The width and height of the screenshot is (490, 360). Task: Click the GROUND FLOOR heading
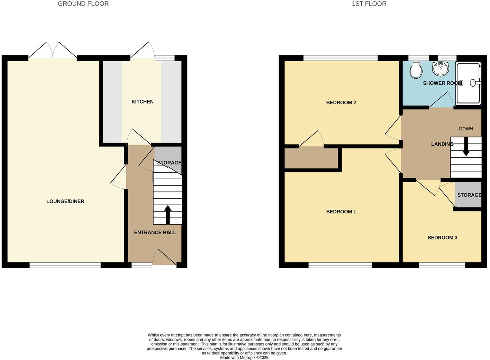coord(83,4)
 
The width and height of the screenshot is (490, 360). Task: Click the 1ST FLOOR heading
coord(369,4)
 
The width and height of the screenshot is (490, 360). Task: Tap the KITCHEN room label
coord(142,102)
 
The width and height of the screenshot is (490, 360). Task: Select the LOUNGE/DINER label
coord(65,201)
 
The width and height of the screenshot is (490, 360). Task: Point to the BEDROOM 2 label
coord(341,102)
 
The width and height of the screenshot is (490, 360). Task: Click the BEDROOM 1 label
coord(341,211)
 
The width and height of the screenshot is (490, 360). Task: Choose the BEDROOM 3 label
coord(442,237)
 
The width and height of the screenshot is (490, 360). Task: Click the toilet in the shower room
coord(416,70)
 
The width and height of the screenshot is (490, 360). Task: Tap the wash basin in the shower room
coord(440,69)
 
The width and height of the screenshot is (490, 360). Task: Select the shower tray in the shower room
coord(469,83)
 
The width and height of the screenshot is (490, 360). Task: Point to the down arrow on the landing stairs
coord(466,147)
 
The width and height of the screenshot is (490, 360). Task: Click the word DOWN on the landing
coord(466,129)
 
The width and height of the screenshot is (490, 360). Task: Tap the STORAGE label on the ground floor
coord(169,163)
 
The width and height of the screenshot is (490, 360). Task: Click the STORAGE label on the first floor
coord(469,195)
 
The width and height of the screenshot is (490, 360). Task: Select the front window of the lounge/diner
coord(65,265)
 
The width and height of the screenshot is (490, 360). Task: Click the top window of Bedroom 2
coord(341,58)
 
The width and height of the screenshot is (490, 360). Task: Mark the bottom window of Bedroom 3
coord(442,265)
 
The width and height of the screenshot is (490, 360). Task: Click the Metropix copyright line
coord(244,358)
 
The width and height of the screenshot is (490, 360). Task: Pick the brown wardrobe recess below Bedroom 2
coord(311,158)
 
